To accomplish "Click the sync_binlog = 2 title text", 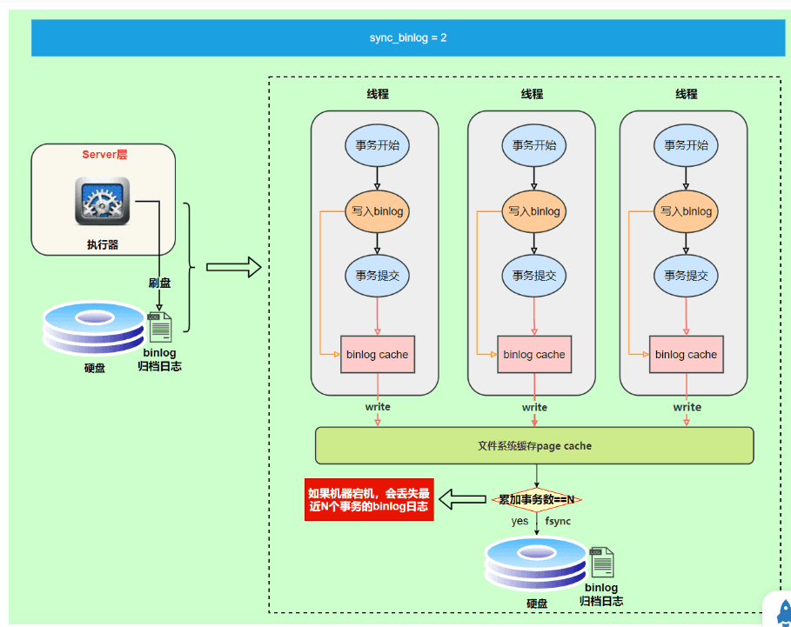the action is pos(407,37).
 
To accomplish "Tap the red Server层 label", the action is pos(104,155).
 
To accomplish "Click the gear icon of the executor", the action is pos(103,201).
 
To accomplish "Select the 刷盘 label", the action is pos(159,283).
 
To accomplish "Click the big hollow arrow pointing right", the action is pos(233,267).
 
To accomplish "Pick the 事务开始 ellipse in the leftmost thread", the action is pos(377,145).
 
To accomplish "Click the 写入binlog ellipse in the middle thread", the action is pos(534,211).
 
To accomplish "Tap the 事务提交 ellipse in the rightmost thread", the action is pos(686,276).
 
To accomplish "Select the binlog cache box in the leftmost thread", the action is pos(378,354).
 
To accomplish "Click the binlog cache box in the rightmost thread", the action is pos(686,354).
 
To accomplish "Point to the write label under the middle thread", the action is pos(534,407).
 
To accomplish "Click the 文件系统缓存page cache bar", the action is pos(534,445).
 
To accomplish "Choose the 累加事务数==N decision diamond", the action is pos(536,499).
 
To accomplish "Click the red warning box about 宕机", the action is pos(369,499).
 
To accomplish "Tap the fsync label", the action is pos(558,521).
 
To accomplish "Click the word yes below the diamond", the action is pos(520,521).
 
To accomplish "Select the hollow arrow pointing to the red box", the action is pos(463,499).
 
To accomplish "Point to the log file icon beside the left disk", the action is pos(159,327).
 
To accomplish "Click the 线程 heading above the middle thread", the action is pos(532,94).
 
